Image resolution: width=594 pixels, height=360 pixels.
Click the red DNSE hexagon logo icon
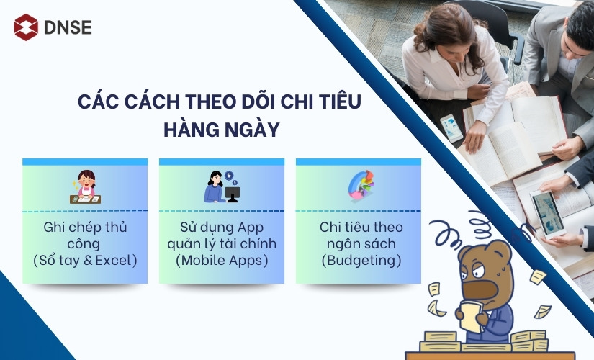pyautogui.click(x=26, y=28)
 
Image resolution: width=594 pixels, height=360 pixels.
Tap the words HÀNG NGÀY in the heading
pyautogui.click(x=221, y=131)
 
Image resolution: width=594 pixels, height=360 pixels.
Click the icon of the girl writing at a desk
pyautogui.click(x=85, y=187)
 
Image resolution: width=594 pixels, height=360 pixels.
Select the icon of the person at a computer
pyautogui.click(x=222, y=187)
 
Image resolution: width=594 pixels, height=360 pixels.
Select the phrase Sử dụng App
pyautogui.click(x=221, y=227)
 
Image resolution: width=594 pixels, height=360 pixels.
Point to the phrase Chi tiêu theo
pyautogui.click(x=359, y=227)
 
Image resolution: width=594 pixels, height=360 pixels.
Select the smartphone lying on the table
pyautogui.click(x=451, y=127)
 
